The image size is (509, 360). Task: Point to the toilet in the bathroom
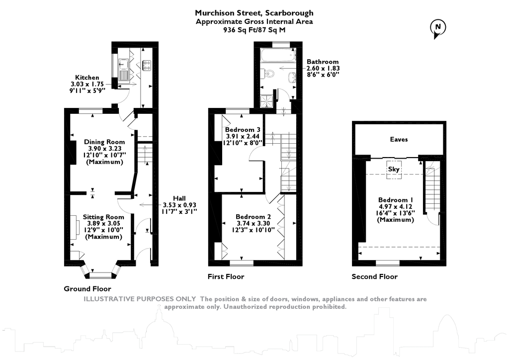[x=269, y=74]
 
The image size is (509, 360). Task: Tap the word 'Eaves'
[x=399, y=140]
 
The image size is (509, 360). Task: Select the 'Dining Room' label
[x=104, y=142]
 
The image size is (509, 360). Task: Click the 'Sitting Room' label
[x=103, y=217]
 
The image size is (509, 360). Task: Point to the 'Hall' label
[x=179, y=197]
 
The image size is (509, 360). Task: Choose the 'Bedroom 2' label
[x=253, y=217]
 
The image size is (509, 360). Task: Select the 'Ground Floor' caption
[x=87, y=289]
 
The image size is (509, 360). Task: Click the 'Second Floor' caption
[x=374, y=277]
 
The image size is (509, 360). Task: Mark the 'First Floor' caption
[x=226, y=277]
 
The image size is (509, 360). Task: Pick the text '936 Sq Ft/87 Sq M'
[x=254, y=30]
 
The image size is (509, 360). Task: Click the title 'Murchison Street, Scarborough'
[x=254, y=13]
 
